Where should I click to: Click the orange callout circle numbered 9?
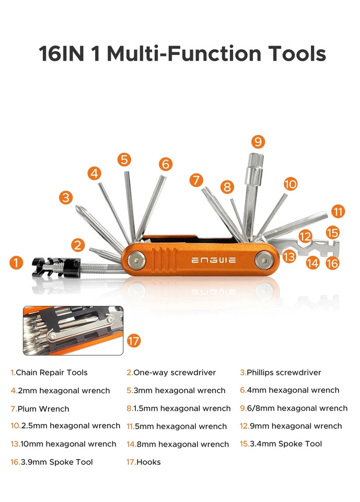[258, 141]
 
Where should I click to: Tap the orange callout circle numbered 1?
[17, 262]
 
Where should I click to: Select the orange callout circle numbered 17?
[134, 341]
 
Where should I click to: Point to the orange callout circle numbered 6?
[166, 164]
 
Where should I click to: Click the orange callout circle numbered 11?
[338, 211]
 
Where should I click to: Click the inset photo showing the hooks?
[73, 330]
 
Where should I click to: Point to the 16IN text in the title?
[62, 54]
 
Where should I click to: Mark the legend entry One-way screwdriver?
[175, 372]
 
